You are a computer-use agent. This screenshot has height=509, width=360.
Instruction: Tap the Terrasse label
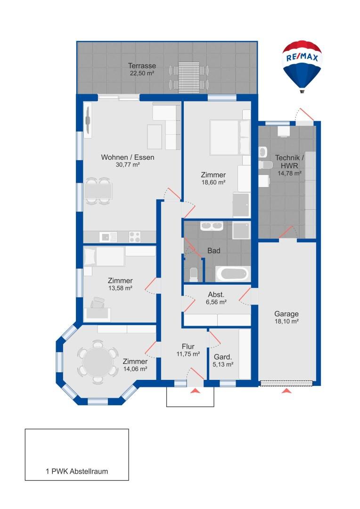pos(142,66)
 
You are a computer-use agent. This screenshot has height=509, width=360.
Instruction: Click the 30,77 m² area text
pos(128,164)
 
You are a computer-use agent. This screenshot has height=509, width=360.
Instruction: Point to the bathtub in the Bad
pos(233,274)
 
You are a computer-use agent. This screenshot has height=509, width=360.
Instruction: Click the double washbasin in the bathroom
pos(211,226)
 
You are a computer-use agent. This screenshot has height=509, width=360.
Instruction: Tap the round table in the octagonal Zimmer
pos(98,362)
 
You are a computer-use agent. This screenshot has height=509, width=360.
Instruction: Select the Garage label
pos(286,314)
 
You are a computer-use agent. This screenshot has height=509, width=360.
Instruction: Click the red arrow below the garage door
pos(286,391)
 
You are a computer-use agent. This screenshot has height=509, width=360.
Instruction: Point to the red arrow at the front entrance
pos(195,391)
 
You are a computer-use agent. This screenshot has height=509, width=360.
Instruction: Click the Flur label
pos(188,347)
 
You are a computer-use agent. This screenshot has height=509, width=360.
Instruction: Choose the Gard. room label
pos(223,357)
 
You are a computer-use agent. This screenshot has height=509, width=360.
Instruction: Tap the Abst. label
pos(216,295)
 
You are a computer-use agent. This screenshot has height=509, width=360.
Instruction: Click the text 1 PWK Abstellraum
pos(77,471)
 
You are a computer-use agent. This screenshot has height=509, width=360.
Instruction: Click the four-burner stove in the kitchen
pos(135,237)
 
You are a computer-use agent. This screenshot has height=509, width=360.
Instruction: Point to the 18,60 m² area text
pos(213,182)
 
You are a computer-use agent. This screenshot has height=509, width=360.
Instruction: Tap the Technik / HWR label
pos(289,161)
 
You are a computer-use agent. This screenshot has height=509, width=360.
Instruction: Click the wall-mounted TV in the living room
pos(88,121)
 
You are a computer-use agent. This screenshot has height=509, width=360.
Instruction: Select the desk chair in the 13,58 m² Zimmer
pos(98,303)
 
